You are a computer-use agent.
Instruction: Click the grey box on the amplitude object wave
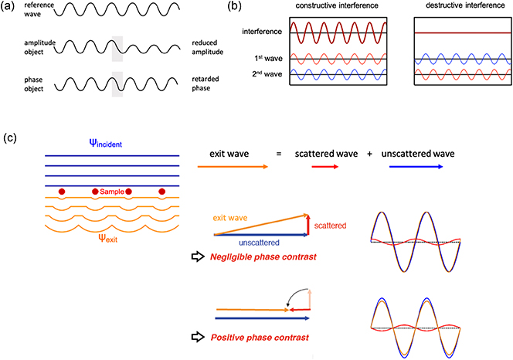(117, 47)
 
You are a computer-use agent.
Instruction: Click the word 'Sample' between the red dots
(112, 188)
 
